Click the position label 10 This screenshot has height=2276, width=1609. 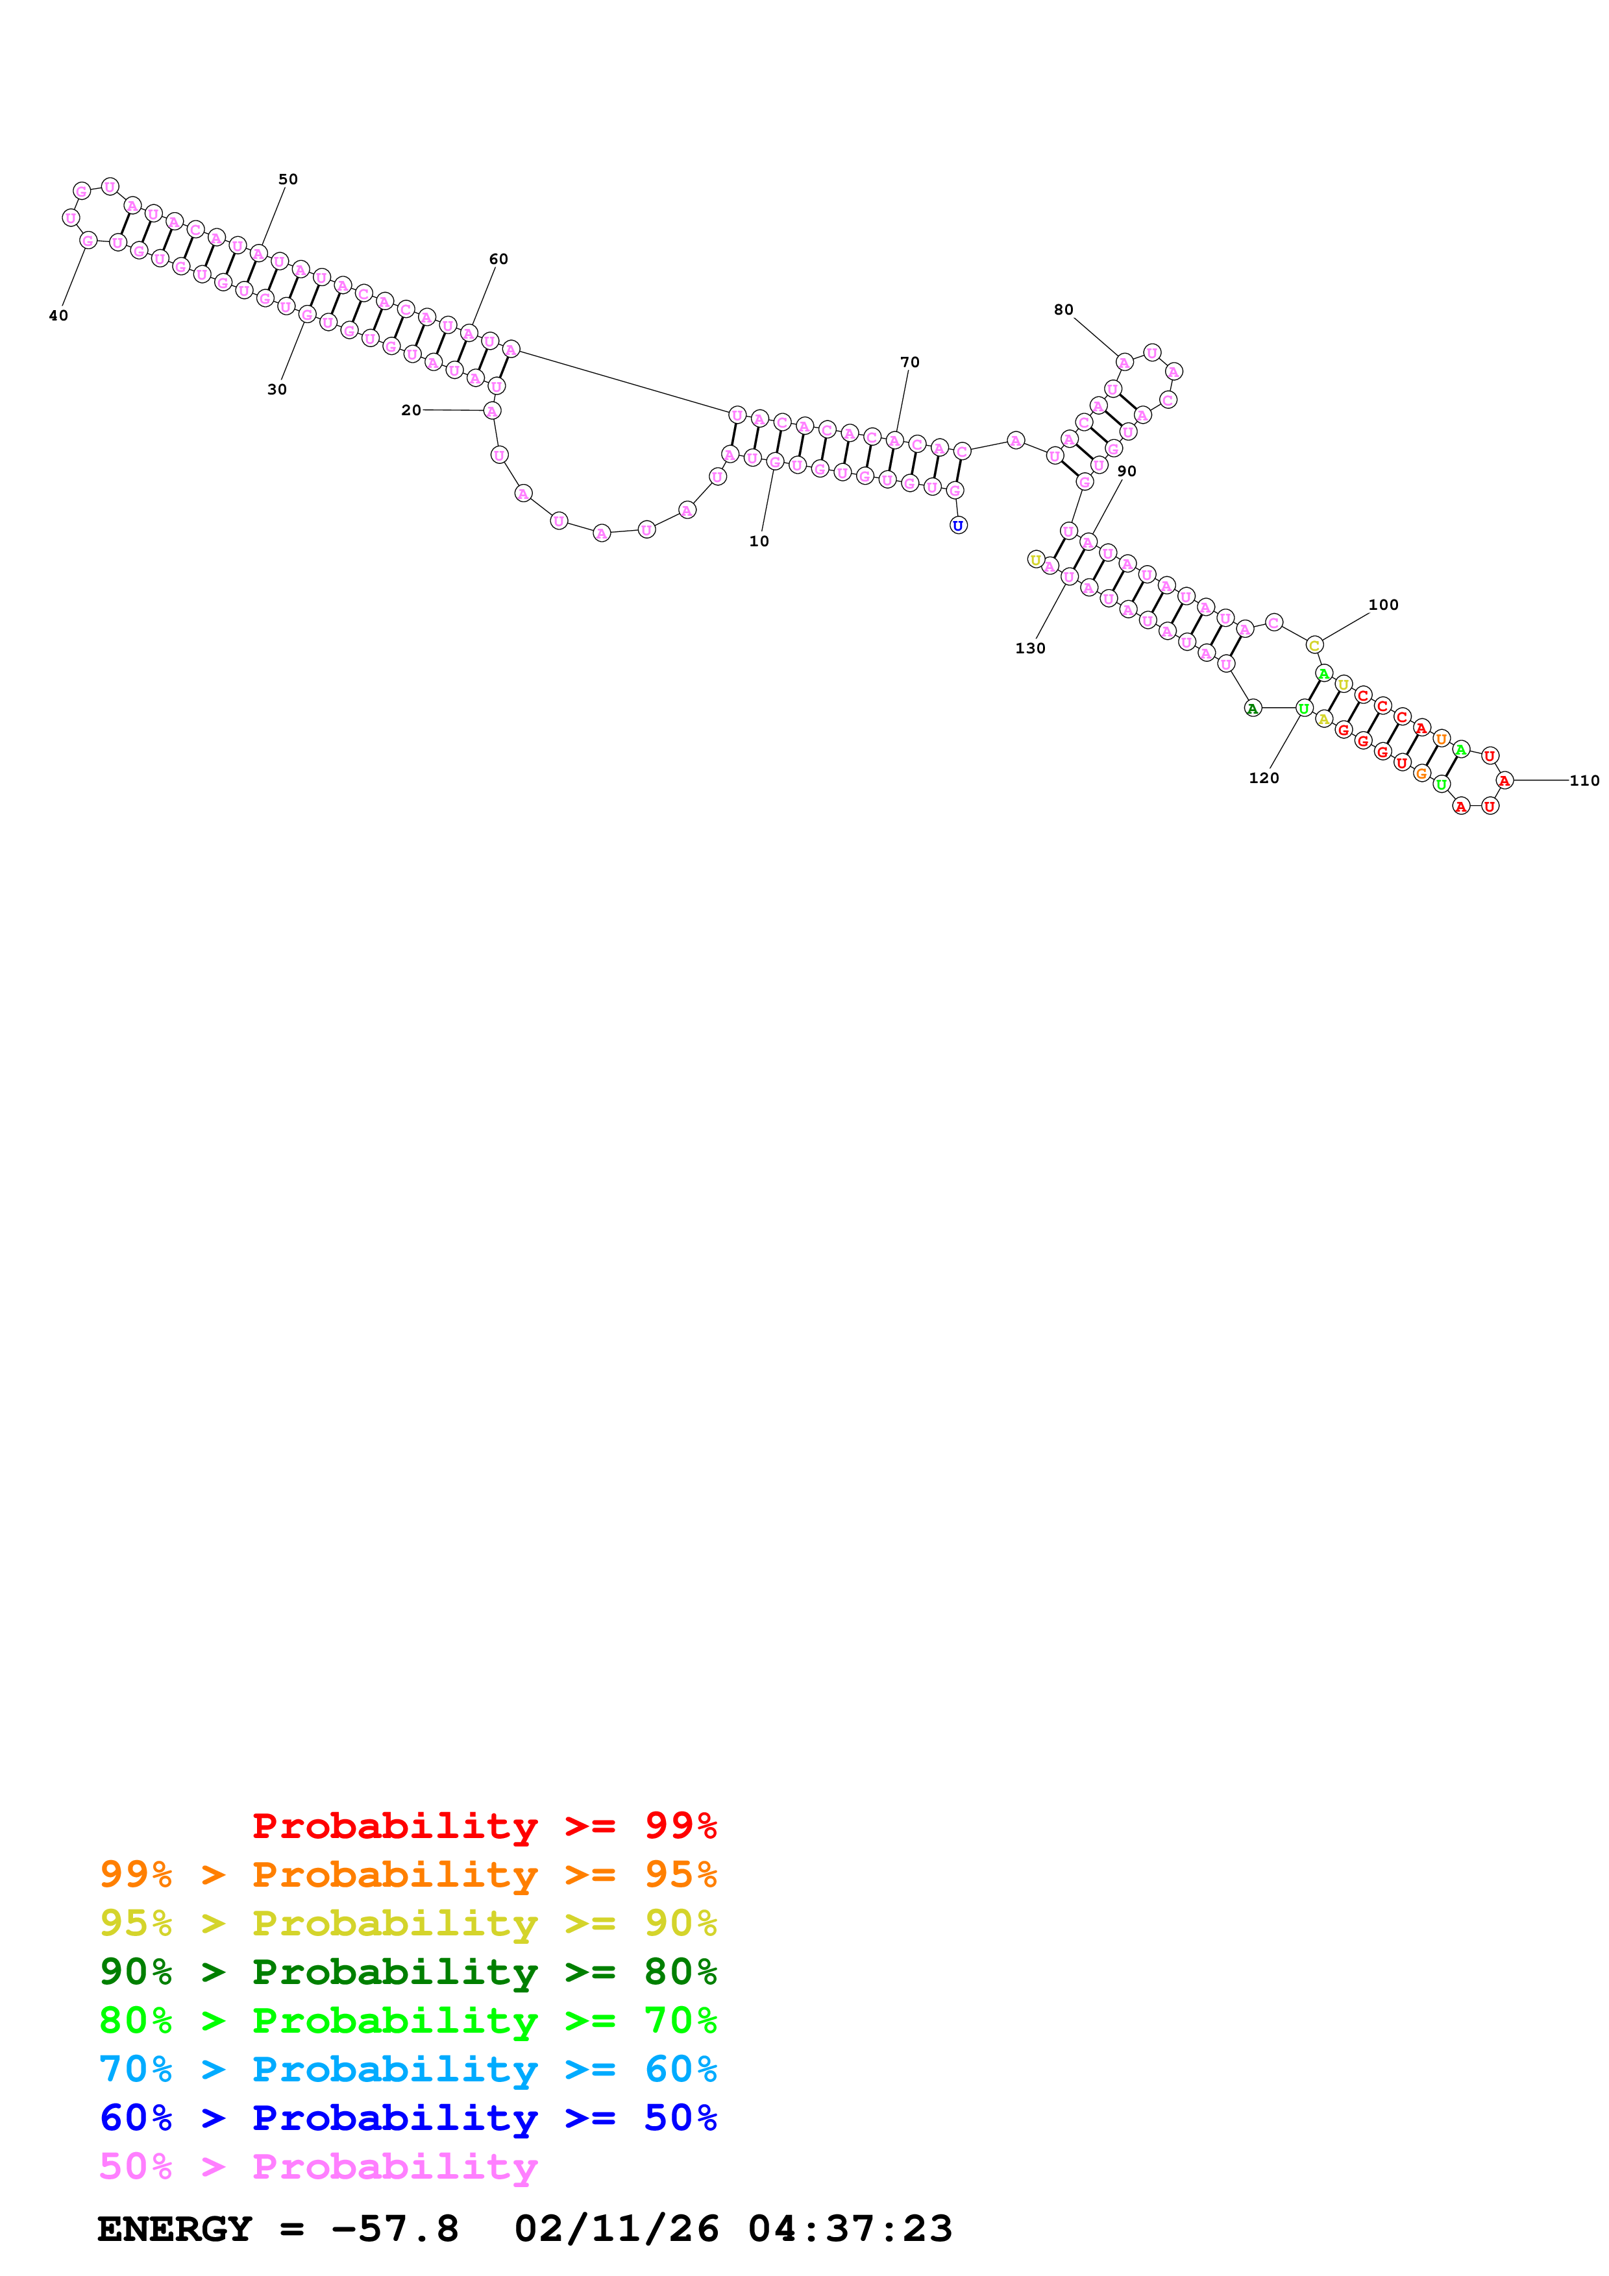point(758,541)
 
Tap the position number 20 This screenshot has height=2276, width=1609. point(410,411)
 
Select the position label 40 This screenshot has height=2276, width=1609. point(58,316)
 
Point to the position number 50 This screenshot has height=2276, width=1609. point(288,180)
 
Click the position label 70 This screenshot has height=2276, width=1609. point(909,363)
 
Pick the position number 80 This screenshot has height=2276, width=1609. point(1062,310)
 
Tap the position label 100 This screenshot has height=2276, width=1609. point(1383,605)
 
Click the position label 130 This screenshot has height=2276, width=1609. point(1030,648)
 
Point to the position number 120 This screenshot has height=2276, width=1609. point(1263,778)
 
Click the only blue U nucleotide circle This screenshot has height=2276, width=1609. point(957,526)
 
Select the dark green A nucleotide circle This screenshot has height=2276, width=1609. point(1252,708)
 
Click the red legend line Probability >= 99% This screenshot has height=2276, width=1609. point(484,1826)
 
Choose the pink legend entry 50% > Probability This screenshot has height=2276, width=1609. point(317,2167)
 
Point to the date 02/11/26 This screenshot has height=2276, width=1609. point(616,2229)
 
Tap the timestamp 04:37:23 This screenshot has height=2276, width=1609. point(850,2229)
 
